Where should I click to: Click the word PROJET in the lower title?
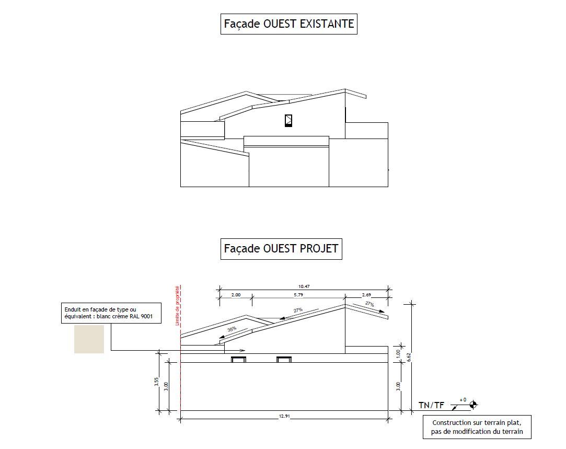(319, 248)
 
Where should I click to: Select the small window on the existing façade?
(288, 120)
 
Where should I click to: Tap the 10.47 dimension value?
(303, 286)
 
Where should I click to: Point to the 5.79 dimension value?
(298, 295)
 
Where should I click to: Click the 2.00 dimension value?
(236, 295)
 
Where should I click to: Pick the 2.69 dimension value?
(367, 295)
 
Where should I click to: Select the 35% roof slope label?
(232, 329)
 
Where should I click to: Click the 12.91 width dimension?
(283, 416)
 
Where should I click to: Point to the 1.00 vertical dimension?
(398, 354)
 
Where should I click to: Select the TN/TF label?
(431, 405)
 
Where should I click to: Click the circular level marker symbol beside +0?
(473, 404)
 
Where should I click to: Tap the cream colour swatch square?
(89, 339)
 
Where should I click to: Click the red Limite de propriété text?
(178, 306)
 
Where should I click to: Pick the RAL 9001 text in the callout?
(142, 316)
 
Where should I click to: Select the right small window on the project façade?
(283, 359)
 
